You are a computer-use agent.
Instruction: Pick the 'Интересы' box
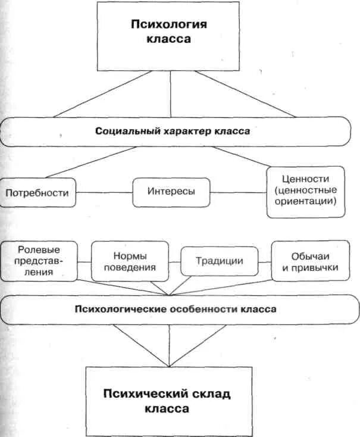click(x=171, y=192)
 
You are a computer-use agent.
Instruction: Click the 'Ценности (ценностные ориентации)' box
click(x=306, y=192)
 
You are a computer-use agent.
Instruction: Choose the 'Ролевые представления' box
click(x=40, y=260)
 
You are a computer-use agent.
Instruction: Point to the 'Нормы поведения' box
click(x=129, y=260)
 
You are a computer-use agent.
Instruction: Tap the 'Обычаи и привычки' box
click(x=306, y=260)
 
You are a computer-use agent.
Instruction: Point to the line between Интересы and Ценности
click(x=239, y=192)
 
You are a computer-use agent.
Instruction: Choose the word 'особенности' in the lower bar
click(x=198, y=310)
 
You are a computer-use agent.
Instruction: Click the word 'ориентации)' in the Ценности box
click(x=306, y=202)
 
